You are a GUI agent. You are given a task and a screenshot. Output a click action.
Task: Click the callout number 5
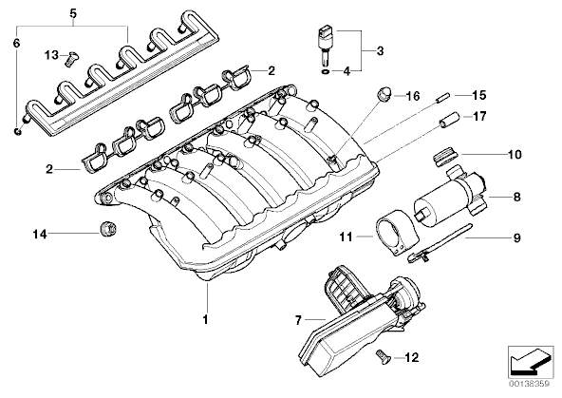73,13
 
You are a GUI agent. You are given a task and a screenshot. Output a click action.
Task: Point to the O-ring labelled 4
326,72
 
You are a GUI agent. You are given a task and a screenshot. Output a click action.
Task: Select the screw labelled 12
383,357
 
